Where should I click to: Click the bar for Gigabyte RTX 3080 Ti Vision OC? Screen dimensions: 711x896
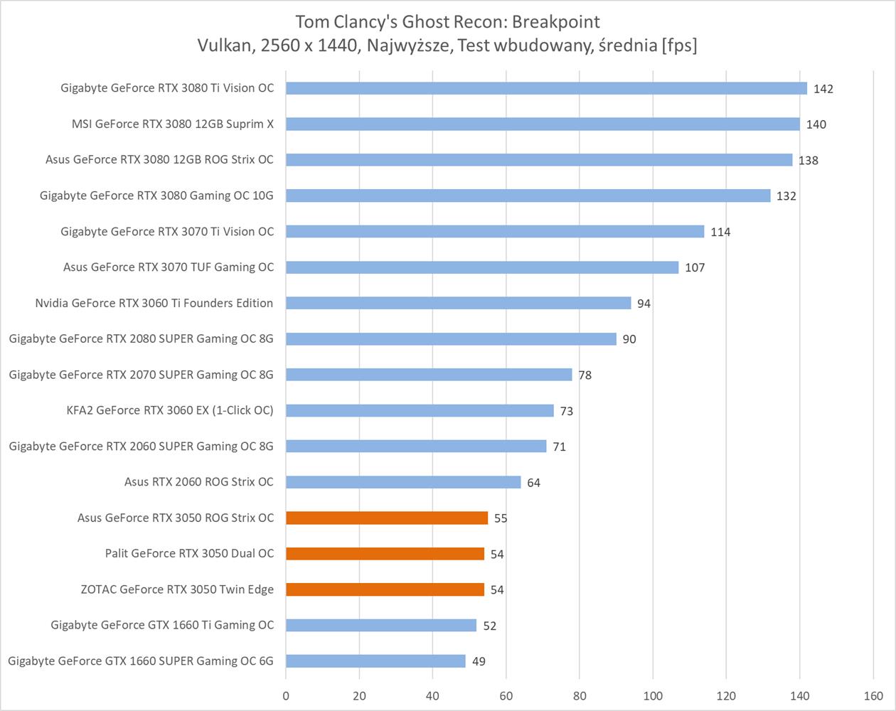(546, 88)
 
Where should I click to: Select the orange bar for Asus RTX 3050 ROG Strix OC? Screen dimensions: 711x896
(387, 518)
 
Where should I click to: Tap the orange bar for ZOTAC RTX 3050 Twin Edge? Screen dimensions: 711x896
(385, 589)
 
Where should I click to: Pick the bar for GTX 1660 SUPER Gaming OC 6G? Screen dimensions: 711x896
(375, 661)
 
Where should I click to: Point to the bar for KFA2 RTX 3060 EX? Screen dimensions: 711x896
(420, 410)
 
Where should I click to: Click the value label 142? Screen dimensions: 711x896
(823, 89)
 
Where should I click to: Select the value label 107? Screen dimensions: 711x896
(695, 267)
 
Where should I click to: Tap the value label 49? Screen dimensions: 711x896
(479, 661)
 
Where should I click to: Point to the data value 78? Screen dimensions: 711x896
(585, 375)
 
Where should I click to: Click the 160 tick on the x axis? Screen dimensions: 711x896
(873, 696)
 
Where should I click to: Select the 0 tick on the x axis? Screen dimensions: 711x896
(286, 696)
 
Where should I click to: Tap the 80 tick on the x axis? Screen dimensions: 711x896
(579, 696)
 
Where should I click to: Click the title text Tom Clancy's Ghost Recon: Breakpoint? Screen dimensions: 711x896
(448, 21)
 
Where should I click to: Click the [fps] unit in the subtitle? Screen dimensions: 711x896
(679, 46)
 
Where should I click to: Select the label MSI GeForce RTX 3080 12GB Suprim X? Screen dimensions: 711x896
(172, 124)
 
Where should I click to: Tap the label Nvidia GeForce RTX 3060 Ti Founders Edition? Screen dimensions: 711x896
(154, 303)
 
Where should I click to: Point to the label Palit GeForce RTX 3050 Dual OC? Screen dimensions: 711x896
(189, 553)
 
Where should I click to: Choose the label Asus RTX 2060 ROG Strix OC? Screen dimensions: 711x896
(198, 481)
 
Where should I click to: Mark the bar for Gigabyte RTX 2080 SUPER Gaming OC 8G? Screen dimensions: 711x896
(451, 338)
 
